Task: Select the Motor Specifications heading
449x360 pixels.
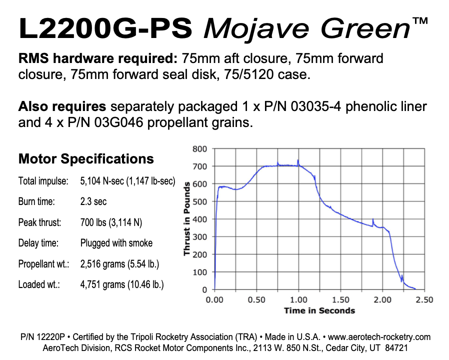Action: pos(86,159)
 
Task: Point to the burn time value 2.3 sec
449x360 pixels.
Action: pos(93,201)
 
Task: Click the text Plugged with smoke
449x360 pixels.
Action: pos(116,243)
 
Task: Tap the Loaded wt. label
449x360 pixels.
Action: pos(39,284)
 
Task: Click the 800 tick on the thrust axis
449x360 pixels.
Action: pos(200,148)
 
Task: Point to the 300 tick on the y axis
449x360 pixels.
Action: pos(200,236)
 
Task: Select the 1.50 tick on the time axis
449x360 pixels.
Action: pos(340,299)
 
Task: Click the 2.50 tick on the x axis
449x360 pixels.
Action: pos(424,299)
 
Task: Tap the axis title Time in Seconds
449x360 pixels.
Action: pos(319,310)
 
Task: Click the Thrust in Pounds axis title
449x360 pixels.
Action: pos(187,219)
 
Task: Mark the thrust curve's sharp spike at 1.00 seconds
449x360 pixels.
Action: pos(298,160)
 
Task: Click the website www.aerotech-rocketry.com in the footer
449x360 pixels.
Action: pos(379,337)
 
